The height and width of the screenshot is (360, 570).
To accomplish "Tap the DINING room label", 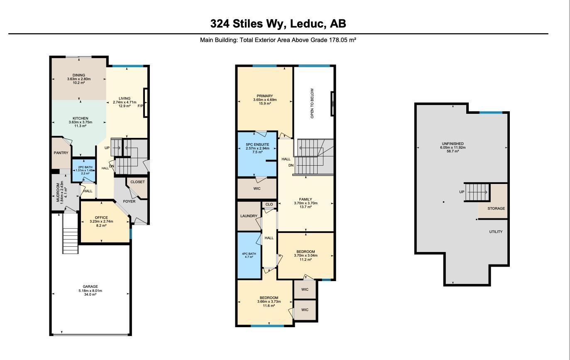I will point(79,75).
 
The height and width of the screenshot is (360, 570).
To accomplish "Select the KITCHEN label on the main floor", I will point(80,118).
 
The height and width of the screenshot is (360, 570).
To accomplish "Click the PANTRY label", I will point(61,153).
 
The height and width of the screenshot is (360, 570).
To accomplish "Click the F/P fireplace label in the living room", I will point(140,106).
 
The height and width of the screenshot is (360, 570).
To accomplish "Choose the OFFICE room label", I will point(101,218).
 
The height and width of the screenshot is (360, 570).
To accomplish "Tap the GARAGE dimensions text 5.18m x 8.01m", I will point(90,291).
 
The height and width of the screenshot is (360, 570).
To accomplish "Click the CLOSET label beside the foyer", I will point(137,182).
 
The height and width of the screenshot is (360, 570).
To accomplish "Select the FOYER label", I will point(129,201).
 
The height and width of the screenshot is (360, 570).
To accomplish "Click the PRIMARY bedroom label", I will point(265,96).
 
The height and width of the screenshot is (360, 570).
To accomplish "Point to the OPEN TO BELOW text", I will point(313,103).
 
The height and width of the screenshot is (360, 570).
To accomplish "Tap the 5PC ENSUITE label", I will point(257,144).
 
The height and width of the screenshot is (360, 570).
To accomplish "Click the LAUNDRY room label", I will point(249,216).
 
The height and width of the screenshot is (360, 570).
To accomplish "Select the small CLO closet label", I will point(269,204).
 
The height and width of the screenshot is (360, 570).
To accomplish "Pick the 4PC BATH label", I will point(249,254).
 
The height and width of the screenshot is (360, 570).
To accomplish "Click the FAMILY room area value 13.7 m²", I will point(306,207).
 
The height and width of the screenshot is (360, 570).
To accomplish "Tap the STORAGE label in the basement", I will point(496,208).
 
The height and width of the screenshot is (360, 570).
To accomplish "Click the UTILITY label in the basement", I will point(496,232).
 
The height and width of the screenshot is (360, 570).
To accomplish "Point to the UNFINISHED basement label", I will point(453,144).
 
